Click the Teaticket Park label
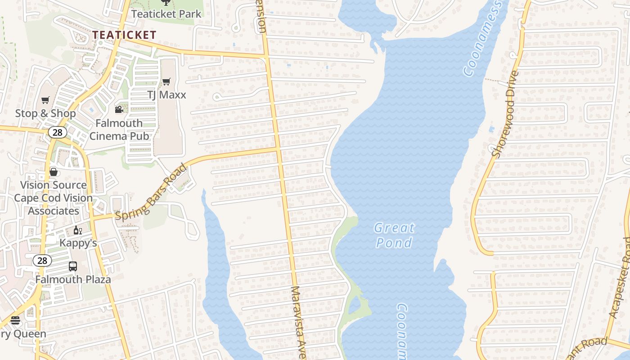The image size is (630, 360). click(x=166, y=14)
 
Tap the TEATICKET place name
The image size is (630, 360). click(x=124, y=35)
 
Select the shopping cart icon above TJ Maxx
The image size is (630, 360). click(x=166, y=81)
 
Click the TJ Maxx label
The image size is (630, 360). click(x=166, y=95)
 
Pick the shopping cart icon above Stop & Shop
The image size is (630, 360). click(x=45, y=100)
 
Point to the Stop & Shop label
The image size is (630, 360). click(x=45, y=113)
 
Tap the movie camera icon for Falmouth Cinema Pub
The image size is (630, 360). click(x=119, y=109)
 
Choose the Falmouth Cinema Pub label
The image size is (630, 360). click(x=119, y=129)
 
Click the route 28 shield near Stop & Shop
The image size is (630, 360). click(x=58, y=132)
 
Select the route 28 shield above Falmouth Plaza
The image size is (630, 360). click(x=42, y=260)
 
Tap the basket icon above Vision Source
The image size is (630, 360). click(x=54, y=172)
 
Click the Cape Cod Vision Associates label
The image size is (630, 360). click(x=53, y=204)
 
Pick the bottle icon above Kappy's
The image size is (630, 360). click(x=78, y=230)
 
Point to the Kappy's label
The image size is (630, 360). click(x=78, y=243)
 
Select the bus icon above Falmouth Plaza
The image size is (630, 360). click(x=73, y=266)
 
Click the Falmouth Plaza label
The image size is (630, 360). click(x=73, y=279)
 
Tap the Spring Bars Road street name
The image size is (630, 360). click(x=151, y=192)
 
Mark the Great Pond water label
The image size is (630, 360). click(x=394, y=235)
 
